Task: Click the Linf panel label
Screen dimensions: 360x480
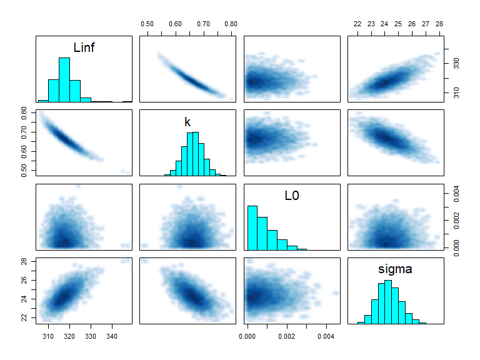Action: [x=84, y=47]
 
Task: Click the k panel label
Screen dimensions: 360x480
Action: [x=187, y=122]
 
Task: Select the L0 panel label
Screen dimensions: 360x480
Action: [x=292, y=196]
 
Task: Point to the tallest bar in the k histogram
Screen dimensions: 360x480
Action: [x=196, y=154]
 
